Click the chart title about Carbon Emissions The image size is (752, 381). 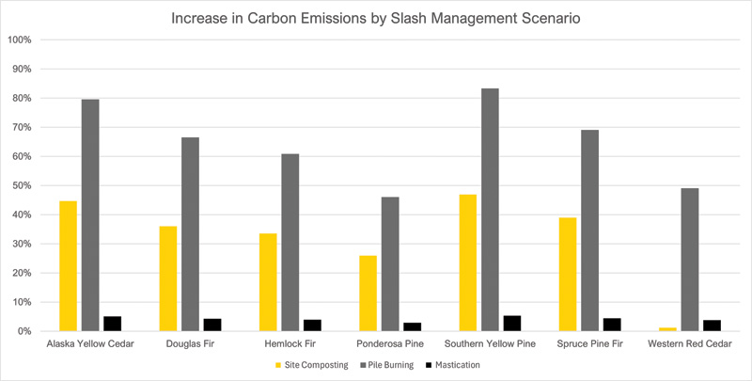(376, 19)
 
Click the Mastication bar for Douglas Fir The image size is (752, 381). (212, 325)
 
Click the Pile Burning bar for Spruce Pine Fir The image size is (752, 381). (589, 230)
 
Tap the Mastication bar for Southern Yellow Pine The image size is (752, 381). (512, 324)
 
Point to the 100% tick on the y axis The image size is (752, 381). (20, 40)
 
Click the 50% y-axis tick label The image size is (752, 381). (22, 185)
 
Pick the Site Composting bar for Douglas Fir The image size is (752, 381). (167, 278)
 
